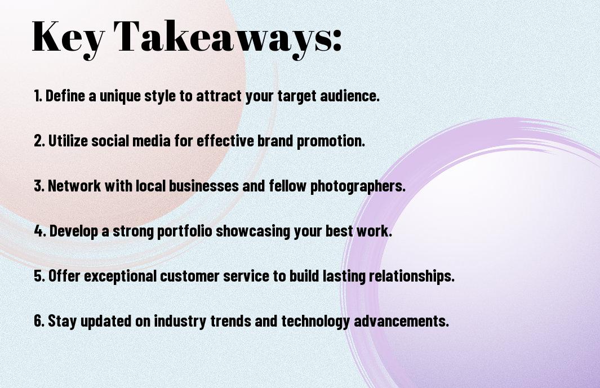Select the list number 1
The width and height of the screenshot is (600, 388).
38,96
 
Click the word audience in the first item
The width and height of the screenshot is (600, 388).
349,96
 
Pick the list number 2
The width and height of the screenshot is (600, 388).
39,141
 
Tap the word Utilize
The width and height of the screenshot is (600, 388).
68,140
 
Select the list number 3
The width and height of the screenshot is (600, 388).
39,186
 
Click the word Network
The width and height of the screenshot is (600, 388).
74,186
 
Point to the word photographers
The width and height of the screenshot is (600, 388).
357,186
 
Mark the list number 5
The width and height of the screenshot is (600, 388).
39,276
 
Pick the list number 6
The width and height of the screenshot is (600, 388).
39,320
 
